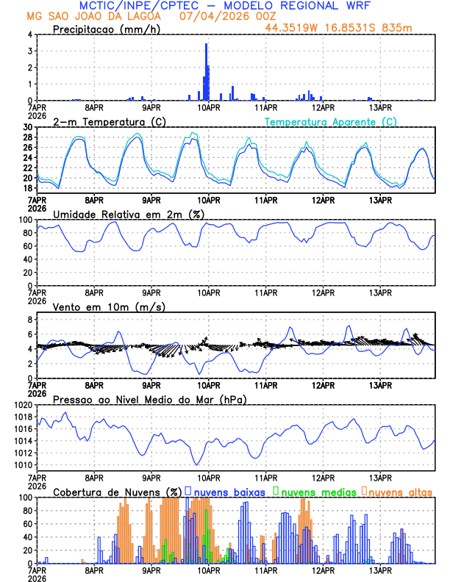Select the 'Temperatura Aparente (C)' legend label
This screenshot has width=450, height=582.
coord(330,121)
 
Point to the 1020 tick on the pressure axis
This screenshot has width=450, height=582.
coord(24,405)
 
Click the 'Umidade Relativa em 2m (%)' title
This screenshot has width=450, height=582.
coord(129,214)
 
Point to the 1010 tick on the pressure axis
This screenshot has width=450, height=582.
coord(24,465)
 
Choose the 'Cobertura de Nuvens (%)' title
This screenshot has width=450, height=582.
coord(118,491)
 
